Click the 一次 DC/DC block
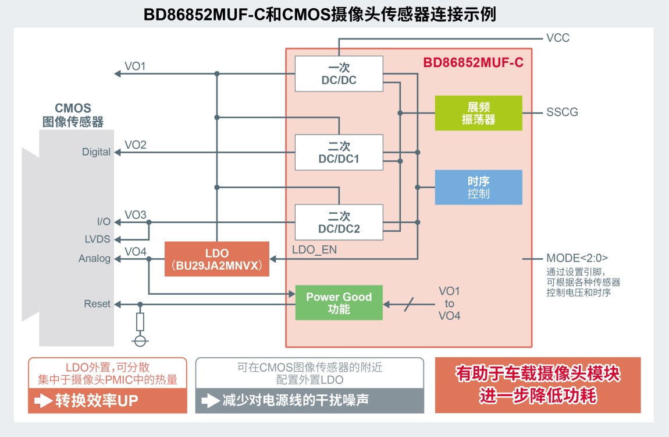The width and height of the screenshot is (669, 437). (x=339, y=74)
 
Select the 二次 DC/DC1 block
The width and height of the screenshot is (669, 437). (x=339, y=153)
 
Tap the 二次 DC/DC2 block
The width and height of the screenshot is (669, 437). (x=339, y=223)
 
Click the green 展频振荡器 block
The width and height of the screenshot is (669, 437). (x=478, y=113)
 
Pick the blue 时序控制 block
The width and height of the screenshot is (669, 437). (x=478, y=188)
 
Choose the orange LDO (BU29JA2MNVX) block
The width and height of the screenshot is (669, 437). (x=217, y=259)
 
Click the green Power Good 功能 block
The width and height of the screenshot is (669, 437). (x=339, y=303)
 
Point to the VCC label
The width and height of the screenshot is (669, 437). (x=558, y=38)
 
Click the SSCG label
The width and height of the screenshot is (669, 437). (x=562, y=112)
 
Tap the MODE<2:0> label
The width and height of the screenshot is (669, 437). (x=577, y=258)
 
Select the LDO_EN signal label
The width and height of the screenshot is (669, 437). (x=315, y=250)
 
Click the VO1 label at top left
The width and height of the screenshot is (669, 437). (x=135, y=66)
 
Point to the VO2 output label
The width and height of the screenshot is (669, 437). (x=135, y=145)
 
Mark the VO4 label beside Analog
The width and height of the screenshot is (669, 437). (x=135, y=252)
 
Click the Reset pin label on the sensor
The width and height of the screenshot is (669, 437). (x=97, y=304)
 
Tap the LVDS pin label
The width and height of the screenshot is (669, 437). (x=97, y=239)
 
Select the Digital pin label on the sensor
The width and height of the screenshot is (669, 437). (x=96, y=152)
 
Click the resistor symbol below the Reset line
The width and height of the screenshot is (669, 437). (x=140, y=322)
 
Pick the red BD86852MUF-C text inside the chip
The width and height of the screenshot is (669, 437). (x=473, y=63)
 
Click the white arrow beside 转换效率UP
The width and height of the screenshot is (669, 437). (x=43, y=401)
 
